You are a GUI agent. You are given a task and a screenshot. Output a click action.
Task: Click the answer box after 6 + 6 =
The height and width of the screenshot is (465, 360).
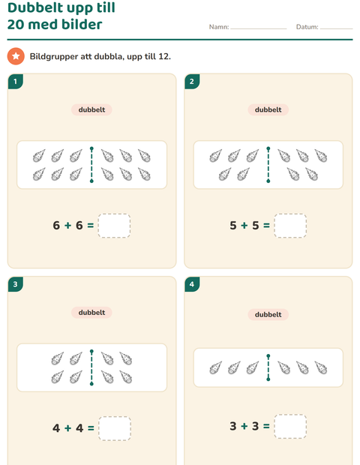coord(114,226)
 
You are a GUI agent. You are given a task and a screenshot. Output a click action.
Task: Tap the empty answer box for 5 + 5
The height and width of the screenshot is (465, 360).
coord(290,226)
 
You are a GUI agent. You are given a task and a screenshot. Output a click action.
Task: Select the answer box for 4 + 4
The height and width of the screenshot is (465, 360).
coord(115,428)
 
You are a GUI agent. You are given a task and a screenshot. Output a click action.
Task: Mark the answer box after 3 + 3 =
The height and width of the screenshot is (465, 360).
coord(290,426)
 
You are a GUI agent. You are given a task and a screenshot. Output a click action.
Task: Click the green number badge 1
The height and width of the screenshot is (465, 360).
coord(16,82)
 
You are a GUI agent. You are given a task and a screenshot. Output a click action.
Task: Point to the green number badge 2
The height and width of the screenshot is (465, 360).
coord(192,82)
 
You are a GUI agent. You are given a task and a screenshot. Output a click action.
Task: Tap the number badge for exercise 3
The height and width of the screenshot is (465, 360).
coord(16,284)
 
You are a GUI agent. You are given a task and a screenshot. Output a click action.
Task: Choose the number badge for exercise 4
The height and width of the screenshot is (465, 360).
coord(192,284)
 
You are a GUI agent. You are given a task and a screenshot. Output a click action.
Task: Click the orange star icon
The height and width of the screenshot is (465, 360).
coord(16,56)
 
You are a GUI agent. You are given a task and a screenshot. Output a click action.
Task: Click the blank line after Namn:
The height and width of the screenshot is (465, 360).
coord(259,28)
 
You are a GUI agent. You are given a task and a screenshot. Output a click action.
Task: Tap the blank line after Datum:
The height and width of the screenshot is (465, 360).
coord(336,28)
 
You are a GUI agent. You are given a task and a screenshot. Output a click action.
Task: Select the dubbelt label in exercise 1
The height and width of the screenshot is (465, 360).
coord(91,109)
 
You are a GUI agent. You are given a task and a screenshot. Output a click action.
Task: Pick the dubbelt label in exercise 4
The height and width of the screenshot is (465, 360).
coord(268,315)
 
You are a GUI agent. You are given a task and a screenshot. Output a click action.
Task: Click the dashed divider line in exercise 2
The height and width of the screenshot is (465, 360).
coord(268,164)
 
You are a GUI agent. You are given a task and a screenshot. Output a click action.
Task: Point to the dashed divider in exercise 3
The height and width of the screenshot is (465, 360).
coord(91,367)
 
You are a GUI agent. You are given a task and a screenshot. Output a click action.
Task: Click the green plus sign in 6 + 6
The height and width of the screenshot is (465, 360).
coord(68,226)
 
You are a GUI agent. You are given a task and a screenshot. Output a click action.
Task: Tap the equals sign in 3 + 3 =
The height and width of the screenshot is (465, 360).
coord(266,426)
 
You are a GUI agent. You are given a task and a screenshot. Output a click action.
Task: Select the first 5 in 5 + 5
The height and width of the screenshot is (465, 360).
coord(233,226)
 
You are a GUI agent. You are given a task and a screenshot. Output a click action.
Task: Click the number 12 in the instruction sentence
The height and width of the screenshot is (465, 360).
coord(163,56)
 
